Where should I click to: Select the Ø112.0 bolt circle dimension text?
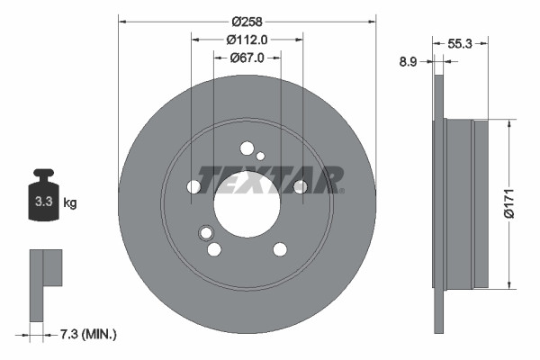click(x=247, y=40)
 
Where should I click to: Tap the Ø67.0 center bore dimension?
click(x=247, y=58)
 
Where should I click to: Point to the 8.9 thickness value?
click(x=408, y=61)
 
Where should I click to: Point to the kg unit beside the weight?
click(x=69, y=202)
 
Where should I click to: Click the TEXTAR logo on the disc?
click(x=270, y=180)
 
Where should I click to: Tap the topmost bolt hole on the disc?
click(x=247, y=149)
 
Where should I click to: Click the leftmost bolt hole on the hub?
click(x=193, y=187)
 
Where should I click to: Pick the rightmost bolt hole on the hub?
click(x=300, y=186)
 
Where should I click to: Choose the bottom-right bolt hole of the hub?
click(x=280, y=249)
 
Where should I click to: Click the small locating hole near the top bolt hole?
click(x=261, y=156)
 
